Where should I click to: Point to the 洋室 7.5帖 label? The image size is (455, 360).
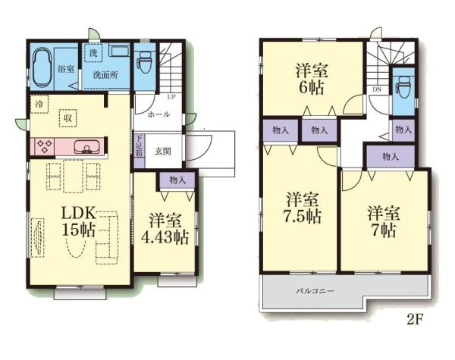[x=302, y=208]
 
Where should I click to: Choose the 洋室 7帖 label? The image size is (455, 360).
[x=383, y=220]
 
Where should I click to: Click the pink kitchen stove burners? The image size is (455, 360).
[x=43, y=146]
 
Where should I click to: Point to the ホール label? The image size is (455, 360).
[x=158, y=114]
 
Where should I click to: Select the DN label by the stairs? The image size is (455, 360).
[x=376, y=89]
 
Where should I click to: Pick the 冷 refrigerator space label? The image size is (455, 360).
[x=37, y=101]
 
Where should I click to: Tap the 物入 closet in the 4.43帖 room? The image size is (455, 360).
[x=178, y=180]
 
